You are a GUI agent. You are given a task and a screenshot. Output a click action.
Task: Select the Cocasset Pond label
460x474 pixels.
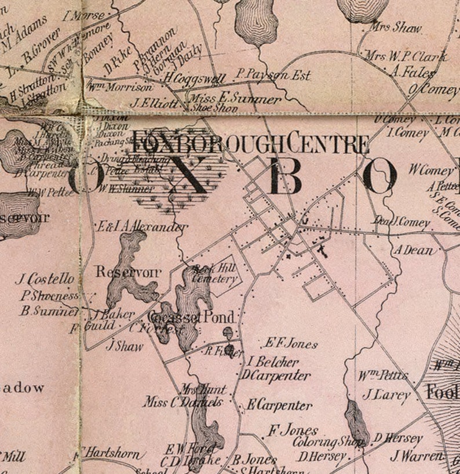click(192, 317)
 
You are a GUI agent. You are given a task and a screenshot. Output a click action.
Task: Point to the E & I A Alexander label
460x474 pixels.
click(144, 227)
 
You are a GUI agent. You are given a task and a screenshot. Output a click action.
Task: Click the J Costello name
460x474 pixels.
click(45, 279)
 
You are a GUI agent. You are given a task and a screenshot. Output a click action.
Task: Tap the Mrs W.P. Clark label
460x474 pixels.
click(406, 57)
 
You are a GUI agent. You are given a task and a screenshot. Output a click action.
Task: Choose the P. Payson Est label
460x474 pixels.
click(273, 75)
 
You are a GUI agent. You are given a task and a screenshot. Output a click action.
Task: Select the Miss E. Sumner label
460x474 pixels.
click(235, 99)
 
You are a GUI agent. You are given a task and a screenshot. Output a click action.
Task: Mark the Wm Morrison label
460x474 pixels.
click(120, 87)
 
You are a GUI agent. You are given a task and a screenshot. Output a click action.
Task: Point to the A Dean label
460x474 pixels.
click(414, 250)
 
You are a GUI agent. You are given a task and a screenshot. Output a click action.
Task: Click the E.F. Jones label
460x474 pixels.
click(291, 344)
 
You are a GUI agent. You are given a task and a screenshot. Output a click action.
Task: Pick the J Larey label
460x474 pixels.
click(386, 395)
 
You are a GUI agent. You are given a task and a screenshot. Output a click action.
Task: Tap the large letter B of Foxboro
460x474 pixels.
click(284, 177)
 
